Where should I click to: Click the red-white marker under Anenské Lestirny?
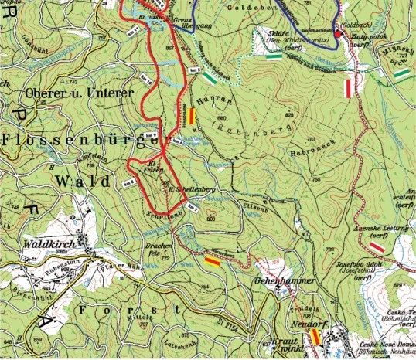pos(377,246)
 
